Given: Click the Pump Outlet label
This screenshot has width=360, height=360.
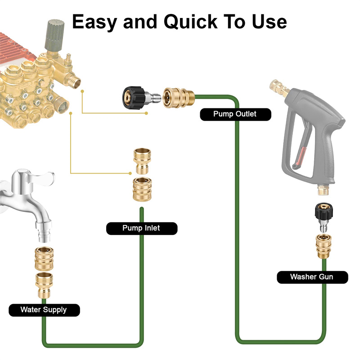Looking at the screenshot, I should [235, 114].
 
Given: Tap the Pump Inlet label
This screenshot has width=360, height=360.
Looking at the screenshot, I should [141, 228].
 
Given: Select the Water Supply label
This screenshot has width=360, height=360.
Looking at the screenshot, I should [44, 310].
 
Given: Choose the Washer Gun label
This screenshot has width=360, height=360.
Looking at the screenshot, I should [312, 277].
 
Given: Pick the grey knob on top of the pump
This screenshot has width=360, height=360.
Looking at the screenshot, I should [53, 36].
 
